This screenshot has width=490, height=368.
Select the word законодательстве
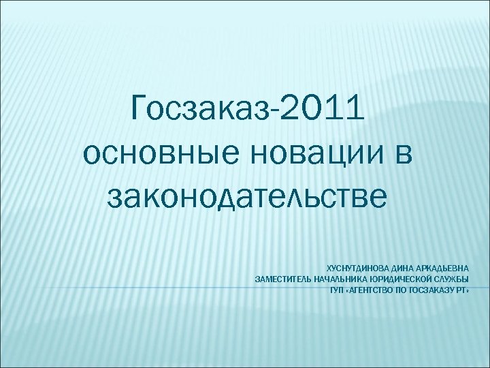247,197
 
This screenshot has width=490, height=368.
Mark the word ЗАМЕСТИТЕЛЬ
282,279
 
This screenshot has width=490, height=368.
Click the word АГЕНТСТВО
371,289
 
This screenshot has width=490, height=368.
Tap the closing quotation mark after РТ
467,289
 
